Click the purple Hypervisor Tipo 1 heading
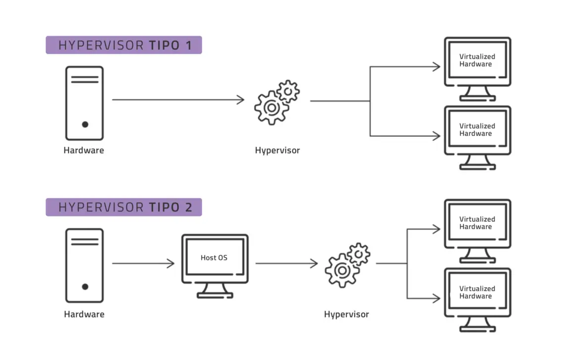coord(124,45)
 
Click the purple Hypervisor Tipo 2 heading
coord(124,207)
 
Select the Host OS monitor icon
coord(215,265)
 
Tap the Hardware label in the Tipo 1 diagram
coord(84,150)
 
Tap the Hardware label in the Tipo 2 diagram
coord(84,314)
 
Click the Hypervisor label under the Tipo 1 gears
coord(277,150)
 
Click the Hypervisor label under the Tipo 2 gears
coord(346,314)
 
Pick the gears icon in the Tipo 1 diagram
coord(277,103)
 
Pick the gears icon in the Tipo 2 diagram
coord(347,265)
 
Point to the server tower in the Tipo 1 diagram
coord(84,103)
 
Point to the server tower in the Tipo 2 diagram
coord(84,265)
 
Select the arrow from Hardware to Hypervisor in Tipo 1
coord(178,100)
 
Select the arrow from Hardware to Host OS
coord(143,263)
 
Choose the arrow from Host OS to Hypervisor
coord(286,263)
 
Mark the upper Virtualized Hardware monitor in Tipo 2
coord(477,230)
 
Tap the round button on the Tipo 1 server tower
coord(85,124)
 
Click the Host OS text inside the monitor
coord(214,257)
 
